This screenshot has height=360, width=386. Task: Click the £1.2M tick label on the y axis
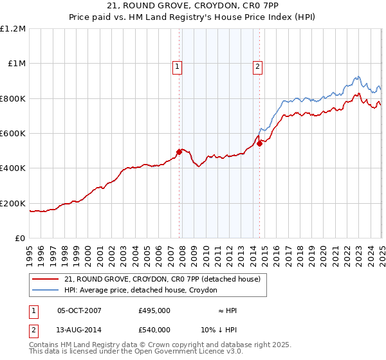click(13, 29)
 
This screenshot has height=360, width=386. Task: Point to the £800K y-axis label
click(13, 99)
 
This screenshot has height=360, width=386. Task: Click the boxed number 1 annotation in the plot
click(176, 65)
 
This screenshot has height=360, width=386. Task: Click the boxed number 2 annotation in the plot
click(257, 65)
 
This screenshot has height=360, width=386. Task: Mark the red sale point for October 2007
click(179, 152)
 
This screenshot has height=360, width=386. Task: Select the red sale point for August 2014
click(260, 144)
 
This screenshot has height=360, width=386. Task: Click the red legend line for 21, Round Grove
click(46, 280)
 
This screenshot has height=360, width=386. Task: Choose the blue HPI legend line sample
click(46, 291)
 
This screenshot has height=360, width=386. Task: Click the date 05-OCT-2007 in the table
click(79, 310)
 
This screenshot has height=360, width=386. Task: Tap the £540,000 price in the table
click(154, 328)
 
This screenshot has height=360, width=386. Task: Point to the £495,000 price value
click(154, 310)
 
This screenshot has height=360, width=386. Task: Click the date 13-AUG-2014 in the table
click(79, 328)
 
